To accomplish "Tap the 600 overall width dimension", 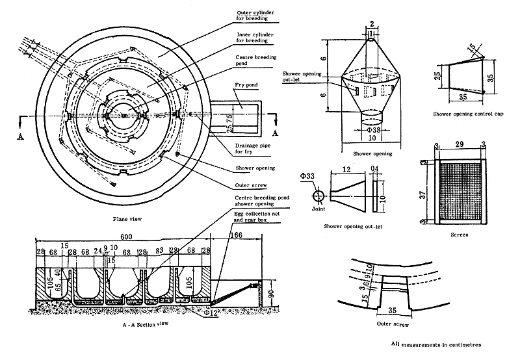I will [123, 238].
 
